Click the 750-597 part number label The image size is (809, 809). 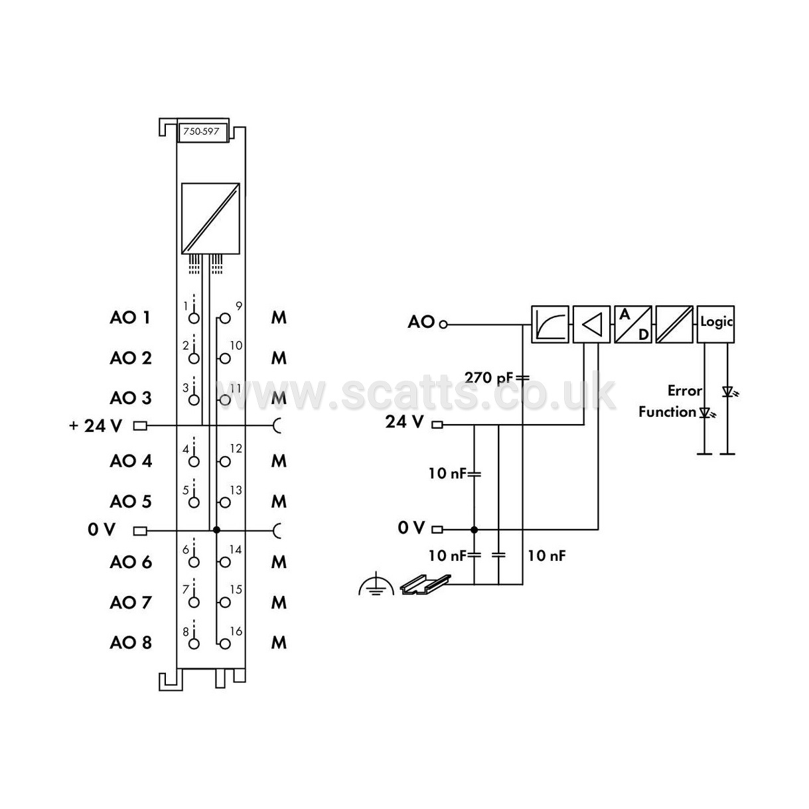click(x=201, y=131)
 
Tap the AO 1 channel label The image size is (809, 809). click(x=129, y=318)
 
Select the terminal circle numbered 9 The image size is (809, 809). click(x=225, y=319)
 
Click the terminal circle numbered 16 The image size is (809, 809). click(x=225, y=644)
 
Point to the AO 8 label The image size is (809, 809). click(x=131, y=642)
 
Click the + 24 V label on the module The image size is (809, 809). click(x=96, y=425)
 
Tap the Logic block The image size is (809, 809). click(x=715, y=324)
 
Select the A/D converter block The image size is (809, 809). click(x=632, y=324)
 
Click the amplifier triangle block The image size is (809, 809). click(x=591, y=324)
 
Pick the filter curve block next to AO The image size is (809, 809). click(x=550, y=324)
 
